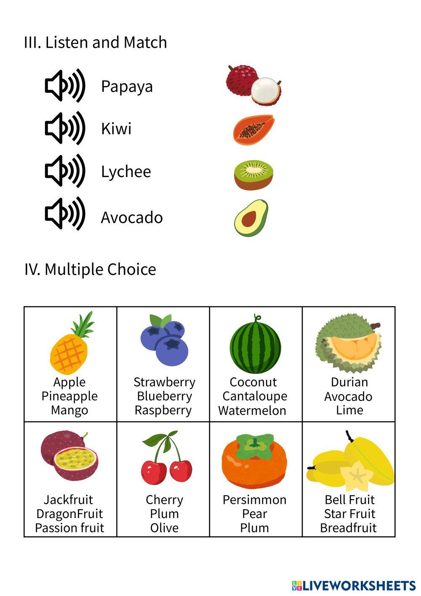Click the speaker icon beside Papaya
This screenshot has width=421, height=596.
(65, 86)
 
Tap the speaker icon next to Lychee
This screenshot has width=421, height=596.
(65, 171)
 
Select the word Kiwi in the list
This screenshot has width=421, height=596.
(116, 129)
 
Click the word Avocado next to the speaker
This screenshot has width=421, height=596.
(132, 217)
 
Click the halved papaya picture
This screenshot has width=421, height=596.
(253, 130)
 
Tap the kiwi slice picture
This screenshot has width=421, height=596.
(253, 174)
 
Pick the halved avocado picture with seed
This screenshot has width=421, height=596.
(251, 218)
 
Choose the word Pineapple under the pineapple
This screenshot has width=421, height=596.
(69, 396)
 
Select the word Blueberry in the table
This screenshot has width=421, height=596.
(164, 396)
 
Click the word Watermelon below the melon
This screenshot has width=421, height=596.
(252, 410)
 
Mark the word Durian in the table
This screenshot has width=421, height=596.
(349, 382)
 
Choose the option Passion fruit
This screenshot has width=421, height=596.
(69, 528)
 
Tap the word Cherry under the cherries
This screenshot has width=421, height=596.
(164, 500)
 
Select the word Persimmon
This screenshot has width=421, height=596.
(254, 500)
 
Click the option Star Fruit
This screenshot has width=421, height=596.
(349, 514)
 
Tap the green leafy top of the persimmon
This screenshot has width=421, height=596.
(254, 446)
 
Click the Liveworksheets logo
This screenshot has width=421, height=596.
(354, 585)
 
